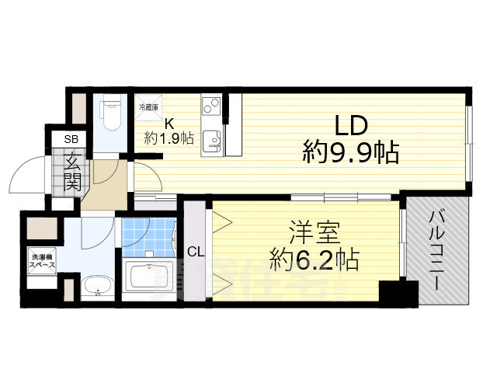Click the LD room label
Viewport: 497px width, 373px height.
pyautogui.click(x=350, y=126)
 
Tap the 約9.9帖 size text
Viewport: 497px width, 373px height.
pyautogui.click(x=350, y=153)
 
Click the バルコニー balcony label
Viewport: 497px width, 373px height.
pyautogui.click(x=437, y=249)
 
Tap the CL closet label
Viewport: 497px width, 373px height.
pyautogui.click(x=196, y=251)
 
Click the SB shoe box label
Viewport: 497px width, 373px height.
pyautogui.click(x=71, y=139)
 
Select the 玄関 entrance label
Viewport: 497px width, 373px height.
pyautogui.click(x=72, y=174)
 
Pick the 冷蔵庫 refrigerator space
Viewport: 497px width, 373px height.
pyautogui.click(x=148, y=108)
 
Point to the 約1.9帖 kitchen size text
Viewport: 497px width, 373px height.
pyautogui.click(x=169, y=138)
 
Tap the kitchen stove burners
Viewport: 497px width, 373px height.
pyautogui.click(x=210, y=106)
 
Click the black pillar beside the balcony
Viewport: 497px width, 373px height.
pyautogui.click(x=398, y=293)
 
